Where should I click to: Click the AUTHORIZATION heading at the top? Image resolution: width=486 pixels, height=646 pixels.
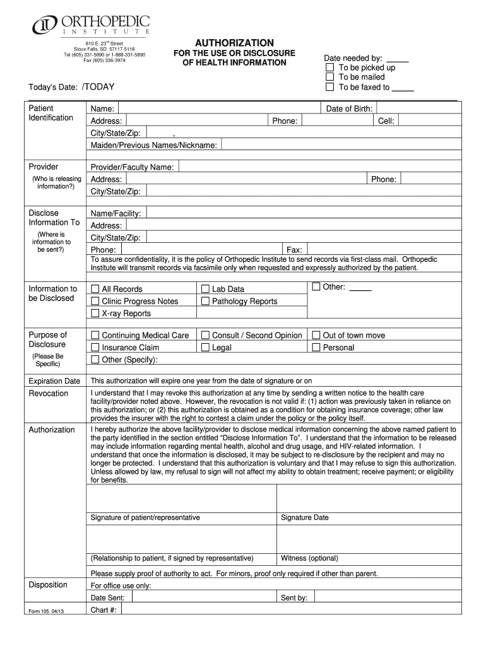tap(234, 42)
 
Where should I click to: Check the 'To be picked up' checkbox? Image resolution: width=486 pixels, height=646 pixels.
tap(329, 68)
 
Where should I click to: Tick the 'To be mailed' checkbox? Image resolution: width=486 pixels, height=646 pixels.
tap(329, 77)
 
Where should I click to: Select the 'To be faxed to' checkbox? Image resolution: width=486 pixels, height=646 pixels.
tap(329, 87)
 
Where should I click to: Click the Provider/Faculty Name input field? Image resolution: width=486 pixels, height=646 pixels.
tap(316, 167)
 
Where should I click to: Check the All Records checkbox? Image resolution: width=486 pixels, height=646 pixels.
tap(95, 289)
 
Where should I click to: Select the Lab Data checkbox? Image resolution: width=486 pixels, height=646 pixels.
tap(205, 289)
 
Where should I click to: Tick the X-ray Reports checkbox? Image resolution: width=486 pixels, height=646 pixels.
tap(95, 313)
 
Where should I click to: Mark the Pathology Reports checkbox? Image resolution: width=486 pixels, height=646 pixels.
tap(205, 301)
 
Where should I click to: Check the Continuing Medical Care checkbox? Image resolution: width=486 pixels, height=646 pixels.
tap(95, 335)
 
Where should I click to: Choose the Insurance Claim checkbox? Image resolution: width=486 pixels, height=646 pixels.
tap(95, 347)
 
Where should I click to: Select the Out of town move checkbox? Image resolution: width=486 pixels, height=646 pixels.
tap(316, 335)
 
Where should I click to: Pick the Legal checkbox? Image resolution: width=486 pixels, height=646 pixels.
tap(205, 347)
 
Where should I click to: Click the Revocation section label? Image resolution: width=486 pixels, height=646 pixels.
tap(49, 393)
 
